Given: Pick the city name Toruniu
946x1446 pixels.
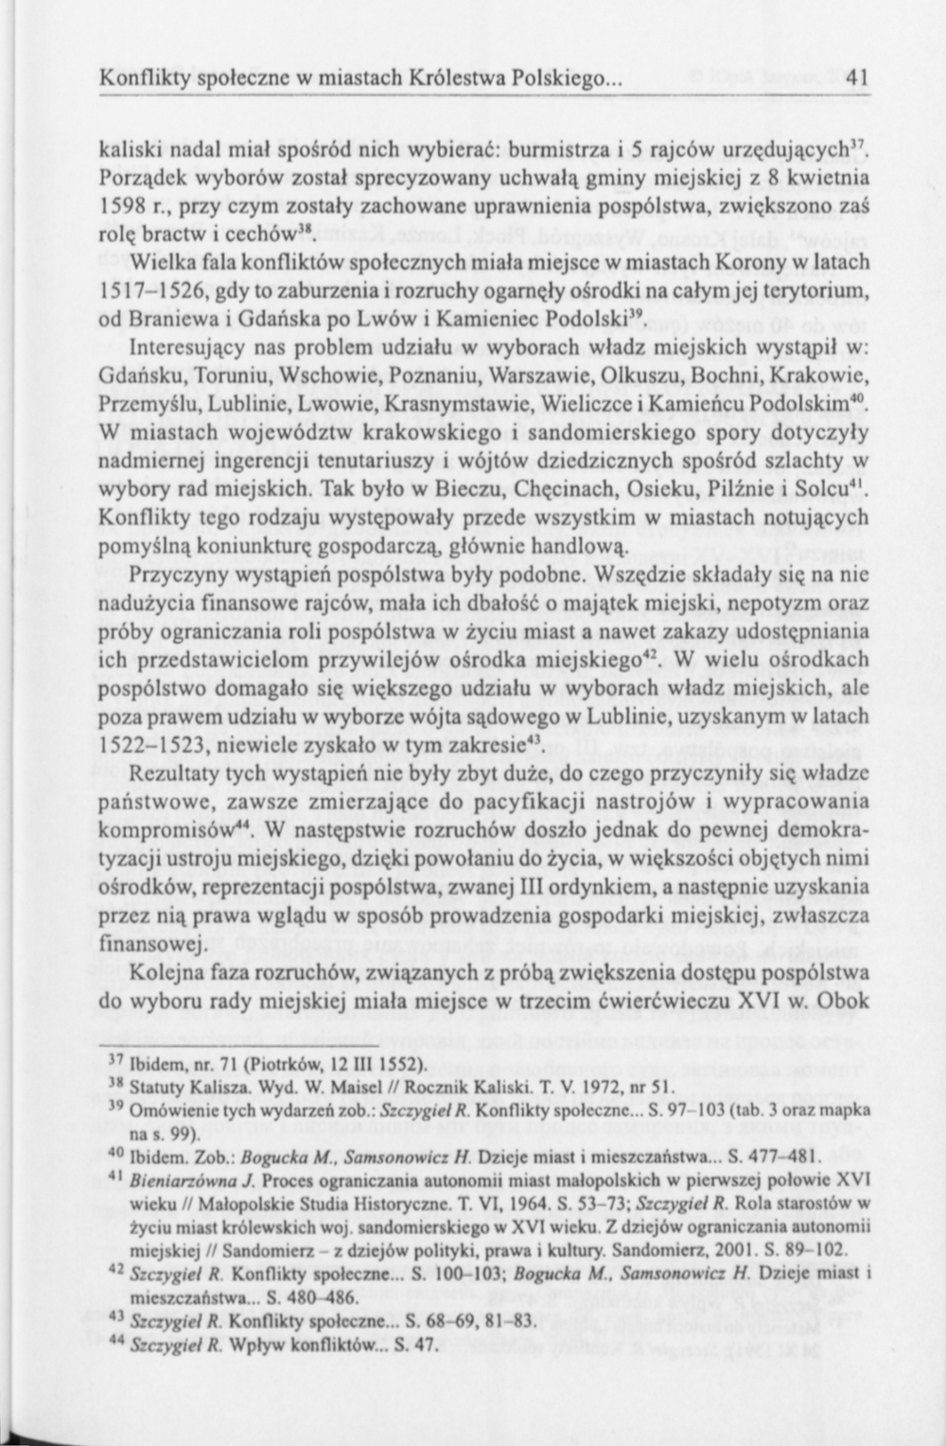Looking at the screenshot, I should click(x=233, y=375).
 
